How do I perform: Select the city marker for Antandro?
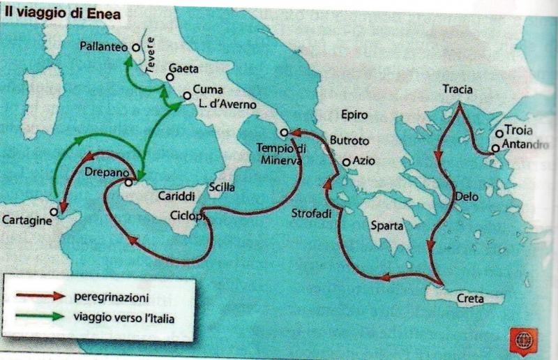tap(495, 148)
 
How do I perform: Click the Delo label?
tap(467, 197)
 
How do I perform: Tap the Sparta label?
tap(387, 226)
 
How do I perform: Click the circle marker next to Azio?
tap(345, 163)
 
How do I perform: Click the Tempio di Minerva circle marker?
tap(284, 133)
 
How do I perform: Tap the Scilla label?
tap(222, 187)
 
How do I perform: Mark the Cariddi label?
tap(174, 197)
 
